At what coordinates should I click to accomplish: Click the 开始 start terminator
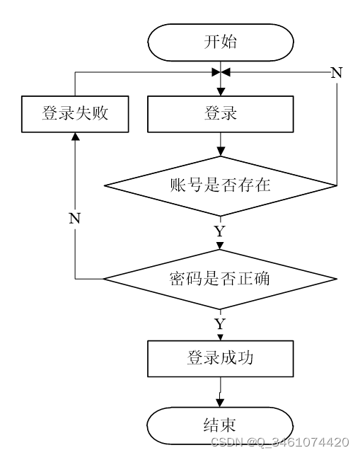tap(221, 42)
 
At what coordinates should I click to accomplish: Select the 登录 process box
tap(221, 114)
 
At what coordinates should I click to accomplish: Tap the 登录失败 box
tap(75, 114)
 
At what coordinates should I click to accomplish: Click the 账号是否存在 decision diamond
tap(221, 185)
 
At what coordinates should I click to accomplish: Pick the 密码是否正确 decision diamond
tap(221, 279)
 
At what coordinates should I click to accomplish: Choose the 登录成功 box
tap(221, 359)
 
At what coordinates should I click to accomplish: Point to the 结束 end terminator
tap(220, 425)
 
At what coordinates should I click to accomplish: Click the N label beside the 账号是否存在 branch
tap(337, 72)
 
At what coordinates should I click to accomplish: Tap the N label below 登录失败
tap(75, 218)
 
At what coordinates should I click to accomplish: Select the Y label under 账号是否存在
tap(220, 231)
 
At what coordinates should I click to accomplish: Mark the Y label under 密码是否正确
tap(220, 323)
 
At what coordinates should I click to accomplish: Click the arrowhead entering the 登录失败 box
tap(76, 137)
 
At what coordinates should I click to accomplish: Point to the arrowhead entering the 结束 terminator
tap(220, 403)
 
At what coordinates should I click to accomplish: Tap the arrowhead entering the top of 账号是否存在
tap(221, 151)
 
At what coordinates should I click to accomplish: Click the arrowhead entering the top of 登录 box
tap(221, 92)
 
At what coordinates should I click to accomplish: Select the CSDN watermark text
tap(279, 442)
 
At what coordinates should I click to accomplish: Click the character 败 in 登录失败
tap(100, 113)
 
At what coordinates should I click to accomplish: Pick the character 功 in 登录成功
tap(245, 358)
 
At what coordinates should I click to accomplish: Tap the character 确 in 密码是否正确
tap(262, 279)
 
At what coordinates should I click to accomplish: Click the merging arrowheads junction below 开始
tap(221, 72)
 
